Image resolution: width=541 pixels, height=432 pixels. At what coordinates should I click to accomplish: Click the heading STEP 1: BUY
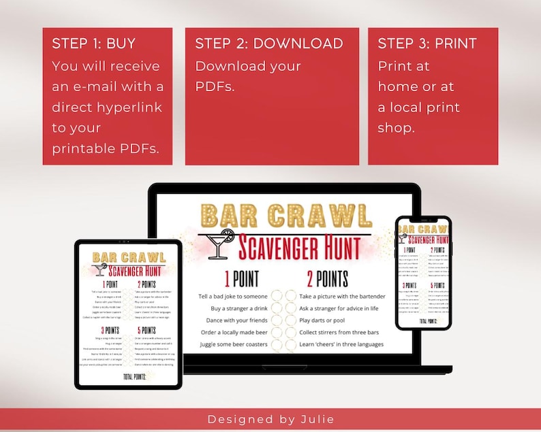tap(94, 44)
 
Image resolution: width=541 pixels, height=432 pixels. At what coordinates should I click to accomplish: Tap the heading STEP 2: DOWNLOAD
tap(269, 44)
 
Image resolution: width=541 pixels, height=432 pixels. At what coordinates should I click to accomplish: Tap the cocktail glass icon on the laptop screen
tap(219, 244)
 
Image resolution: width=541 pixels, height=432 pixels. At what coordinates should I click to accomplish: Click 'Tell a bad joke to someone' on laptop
tap(234, 297)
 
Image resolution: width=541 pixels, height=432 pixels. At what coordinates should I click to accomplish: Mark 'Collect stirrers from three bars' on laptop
tap(339, 332)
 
